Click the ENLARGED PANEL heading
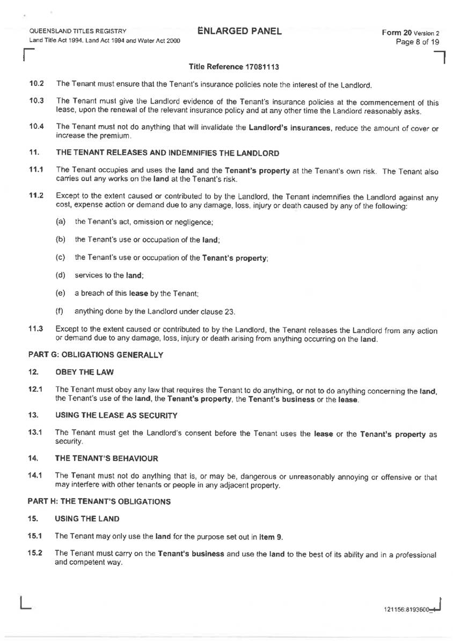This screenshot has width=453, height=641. (239, 31)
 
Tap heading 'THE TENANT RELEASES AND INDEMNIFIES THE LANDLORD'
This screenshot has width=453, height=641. (167, 153)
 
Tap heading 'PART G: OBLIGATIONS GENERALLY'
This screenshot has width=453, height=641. (94, 355)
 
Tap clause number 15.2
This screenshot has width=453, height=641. (36, 553)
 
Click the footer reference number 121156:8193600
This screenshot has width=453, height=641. (406, 609)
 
